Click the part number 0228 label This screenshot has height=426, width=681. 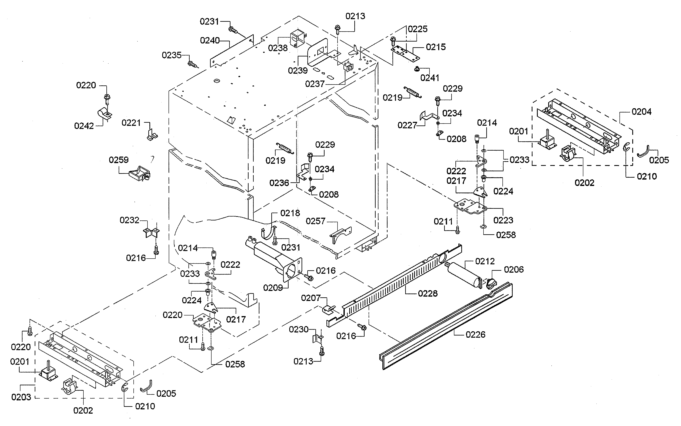coord(428,294)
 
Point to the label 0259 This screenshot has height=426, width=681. coord(119,160)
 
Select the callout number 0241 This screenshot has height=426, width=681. coord(429,78)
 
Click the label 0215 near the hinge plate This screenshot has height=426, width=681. coord(436,47)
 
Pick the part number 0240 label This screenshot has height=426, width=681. coord(210,40)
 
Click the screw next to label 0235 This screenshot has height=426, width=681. coord(192,64)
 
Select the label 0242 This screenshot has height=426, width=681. coord(84,126)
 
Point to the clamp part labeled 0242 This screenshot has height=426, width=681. coord(104,113)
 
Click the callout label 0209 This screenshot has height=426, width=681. coord(273,288)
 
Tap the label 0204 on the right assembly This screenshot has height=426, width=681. coord(641,112)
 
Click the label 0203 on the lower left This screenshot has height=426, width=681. coord(21,397)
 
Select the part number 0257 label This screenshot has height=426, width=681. coord(315,221)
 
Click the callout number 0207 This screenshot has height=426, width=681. coord(311,298)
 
